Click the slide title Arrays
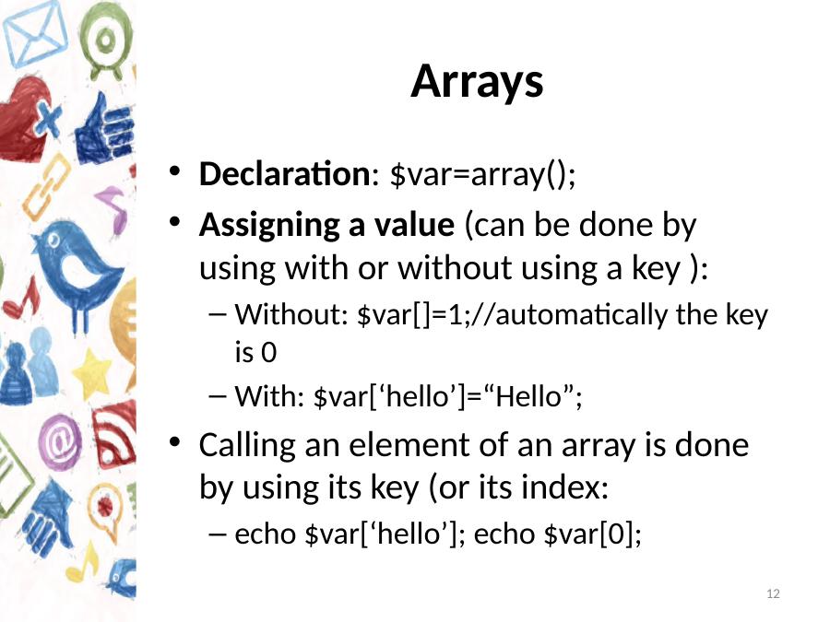pyautogui.click(x=477, y=82)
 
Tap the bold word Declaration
pyautogui.click(x=285, y=173)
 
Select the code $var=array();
pyautogui.click(x=482, y=174)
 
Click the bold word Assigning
pyautogui.click(x=269, y=226)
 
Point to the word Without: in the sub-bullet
pyautogui.click(x=291, y=314)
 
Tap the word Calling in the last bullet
pyautogui.click(x=247, y=446)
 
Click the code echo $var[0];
pyautogui.click(x=558, y=534)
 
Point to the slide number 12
pyautogui.click(x=773, y=593)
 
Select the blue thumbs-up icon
pyautogui.click(x=104, y=130)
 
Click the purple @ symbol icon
pyautogui.click(x=60, y=441)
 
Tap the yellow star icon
pyautogui.click(x=92, y=373)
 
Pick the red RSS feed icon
pyautogui.click(x=114, y=435)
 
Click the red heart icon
pyautogui.click(x=24, y=118)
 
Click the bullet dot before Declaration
pyautogui.click(x=174, y=172)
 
